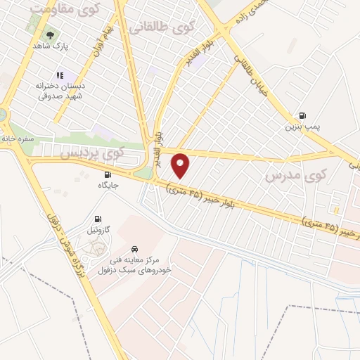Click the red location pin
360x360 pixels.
click(x=181, y=165)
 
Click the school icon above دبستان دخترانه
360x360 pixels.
click(x=60, y=75)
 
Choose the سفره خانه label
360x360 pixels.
click(x=18, y=139)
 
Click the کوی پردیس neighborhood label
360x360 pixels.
click(x=92, y=151)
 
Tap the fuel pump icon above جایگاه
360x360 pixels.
click(x=107, y=174)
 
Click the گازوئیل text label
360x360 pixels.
click(x=98, y=229)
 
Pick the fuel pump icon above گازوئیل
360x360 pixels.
click(x=98, y=218)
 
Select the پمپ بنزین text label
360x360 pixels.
click(x=302, y=127)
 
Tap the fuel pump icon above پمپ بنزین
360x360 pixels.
click(x=302, y=116)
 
